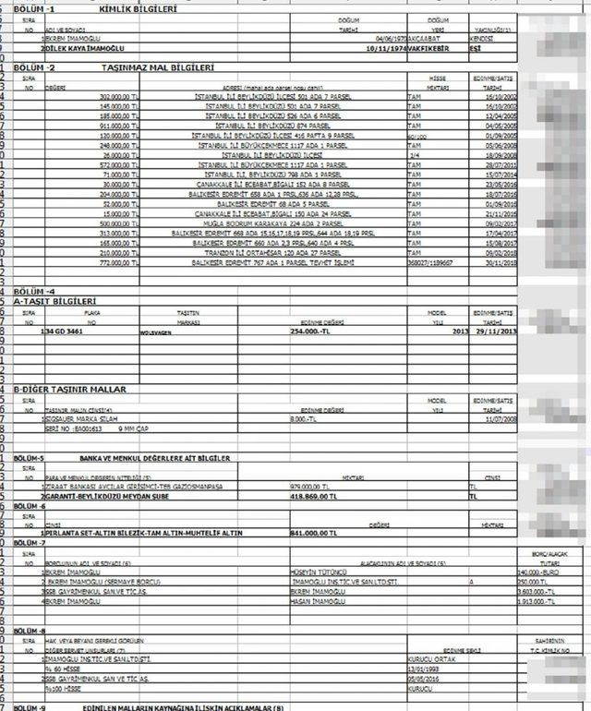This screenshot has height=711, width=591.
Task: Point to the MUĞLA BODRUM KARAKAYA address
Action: click(x=272, y=223)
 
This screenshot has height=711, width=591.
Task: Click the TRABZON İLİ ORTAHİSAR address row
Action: click(x=272, y=250)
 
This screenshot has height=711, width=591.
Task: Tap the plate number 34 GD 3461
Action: click(x=66, y=330)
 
